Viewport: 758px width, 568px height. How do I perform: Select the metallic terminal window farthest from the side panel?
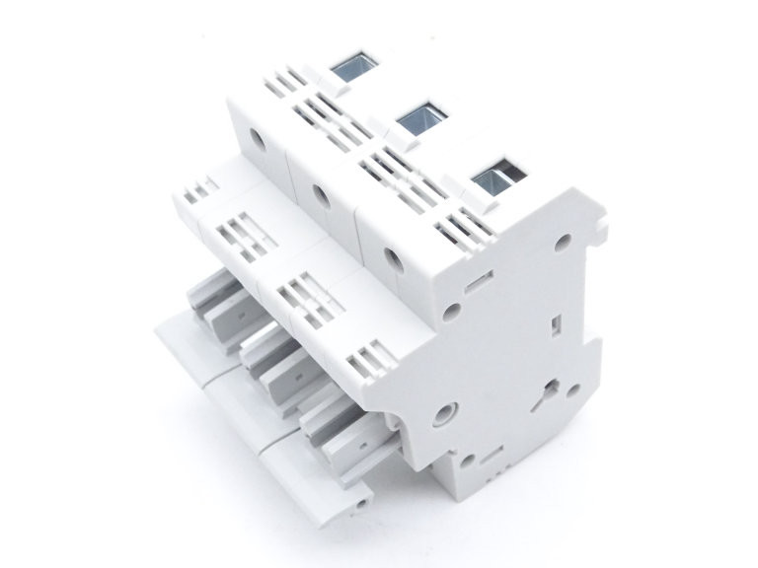coord(349,67)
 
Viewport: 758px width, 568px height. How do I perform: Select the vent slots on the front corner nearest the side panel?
coord(373,356)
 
